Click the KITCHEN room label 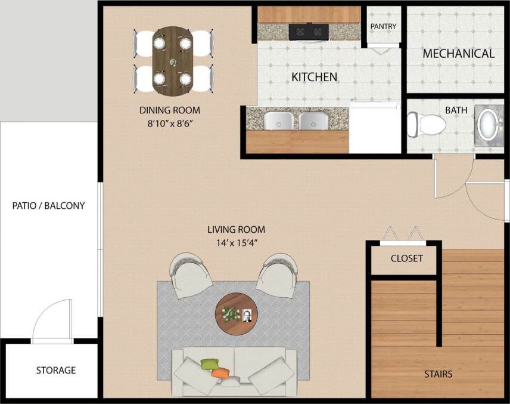[x=314, y=77]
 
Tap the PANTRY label [x=383, y=27]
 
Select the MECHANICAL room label [x=458, y=54]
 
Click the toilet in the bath [x=428, y=124]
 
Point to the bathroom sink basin [x=490, y=124]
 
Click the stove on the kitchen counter [x=309, y=31]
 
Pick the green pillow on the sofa [x=210, y=363]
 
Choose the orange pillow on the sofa [x=221, y=373]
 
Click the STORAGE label [x=56, y=370]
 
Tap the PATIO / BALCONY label [x=49, y=206]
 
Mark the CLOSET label [x=407, y=258]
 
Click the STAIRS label [x=438, y=375]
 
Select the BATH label [x=455, y=110]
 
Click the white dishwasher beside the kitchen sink [x=374, y=127]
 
